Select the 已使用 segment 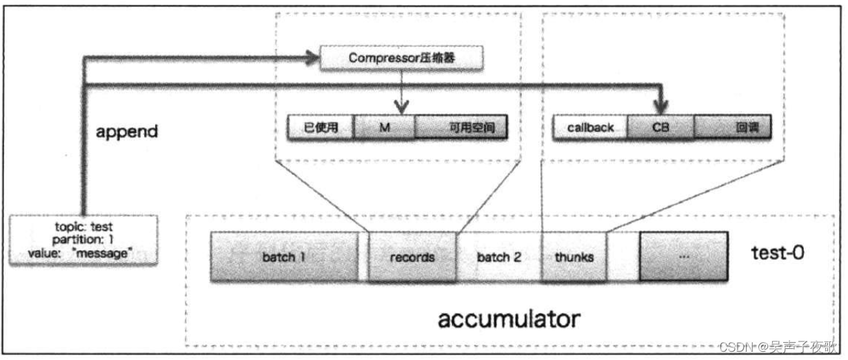point(321,128)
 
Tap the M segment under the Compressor point(385,128)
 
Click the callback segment point(590,128)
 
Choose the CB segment point(660,128)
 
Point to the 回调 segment point(732,128)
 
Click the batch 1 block point(284,257)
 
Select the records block point(412,257)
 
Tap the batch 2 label point(498,257)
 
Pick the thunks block point(574,257)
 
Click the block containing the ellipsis point(683,256)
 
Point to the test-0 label point(778,254)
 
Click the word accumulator point(509,319)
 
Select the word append point(128,131)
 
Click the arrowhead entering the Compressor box point(314,59)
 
